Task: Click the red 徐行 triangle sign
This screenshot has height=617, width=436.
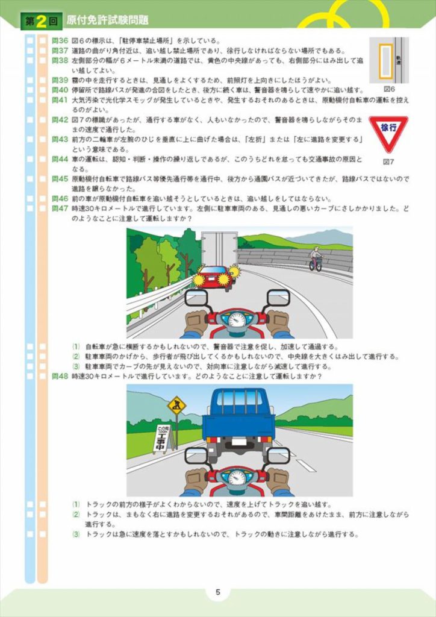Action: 388,132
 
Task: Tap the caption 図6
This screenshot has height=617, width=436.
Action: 389,89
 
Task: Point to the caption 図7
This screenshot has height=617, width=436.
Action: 388,161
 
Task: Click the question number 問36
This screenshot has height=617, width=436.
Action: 60,41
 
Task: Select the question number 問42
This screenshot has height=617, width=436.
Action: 60,120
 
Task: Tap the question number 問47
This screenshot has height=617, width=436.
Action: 60,208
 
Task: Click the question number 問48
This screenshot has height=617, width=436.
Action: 60,376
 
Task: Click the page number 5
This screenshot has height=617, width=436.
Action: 218,592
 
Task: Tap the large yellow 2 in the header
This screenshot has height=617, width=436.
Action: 41,21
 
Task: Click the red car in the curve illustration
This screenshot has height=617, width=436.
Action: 216,277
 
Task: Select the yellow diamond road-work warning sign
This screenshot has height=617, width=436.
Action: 176,405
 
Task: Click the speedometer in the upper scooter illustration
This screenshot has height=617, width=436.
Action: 237,319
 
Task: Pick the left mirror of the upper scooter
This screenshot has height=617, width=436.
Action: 196,297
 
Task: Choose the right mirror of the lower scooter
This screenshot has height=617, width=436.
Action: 278,456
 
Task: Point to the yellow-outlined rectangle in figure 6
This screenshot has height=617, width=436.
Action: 385,60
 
